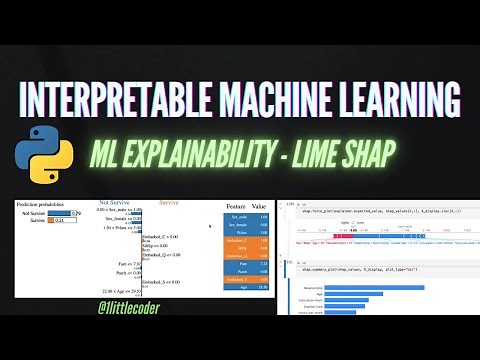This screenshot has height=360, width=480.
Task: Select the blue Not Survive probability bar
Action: (63, 213)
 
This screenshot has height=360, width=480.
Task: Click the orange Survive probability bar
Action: (56, 220)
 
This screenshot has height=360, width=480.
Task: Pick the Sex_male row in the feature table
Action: (246, 217)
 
